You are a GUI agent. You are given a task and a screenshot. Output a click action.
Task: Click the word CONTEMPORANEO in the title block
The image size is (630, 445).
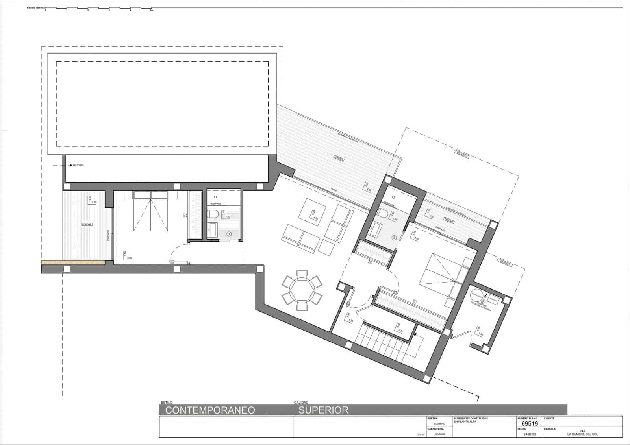point(210,410)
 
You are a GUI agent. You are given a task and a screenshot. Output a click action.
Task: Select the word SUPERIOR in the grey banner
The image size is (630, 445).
point(323,410)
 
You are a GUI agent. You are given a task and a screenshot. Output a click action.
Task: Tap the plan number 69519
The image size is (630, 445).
point(529,424)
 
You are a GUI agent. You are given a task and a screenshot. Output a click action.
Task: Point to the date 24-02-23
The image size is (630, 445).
point(529,434)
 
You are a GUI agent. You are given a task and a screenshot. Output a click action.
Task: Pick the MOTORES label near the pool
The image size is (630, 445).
point(78,165)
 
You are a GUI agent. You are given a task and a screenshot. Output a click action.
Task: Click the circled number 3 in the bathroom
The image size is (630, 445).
point(229,234)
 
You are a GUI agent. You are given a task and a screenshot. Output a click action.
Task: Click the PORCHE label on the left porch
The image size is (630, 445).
point(87,224)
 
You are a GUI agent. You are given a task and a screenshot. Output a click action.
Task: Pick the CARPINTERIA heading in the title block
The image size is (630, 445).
point(436,429)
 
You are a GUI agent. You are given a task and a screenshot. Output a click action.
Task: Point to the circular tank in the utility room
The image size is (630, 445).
point(477,295)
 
